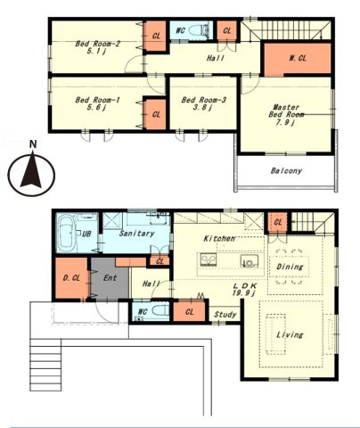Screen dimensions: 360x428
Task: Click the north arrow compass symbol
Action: point(31,174)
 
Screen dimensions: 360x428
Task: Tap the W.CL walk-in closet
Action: point(298,59)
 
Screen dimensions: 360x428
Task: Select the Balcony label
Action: point(286,170)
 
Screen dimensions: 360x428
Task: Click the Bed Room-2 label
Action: point(97,44)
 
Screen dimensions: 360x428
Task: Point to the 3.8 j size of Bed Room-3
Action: point(202,108)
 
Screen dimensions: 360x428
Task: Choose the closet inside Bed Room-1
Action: point(154,114)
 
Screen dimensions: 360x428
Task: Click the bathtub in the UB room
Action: point(67,234)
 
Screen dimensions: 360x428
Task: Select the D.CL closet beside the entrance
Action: point(71,278)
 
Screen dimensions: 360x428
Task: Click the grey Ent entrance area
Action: point(110,279)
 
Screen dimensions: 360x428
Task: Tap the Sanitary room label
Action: point(136,234)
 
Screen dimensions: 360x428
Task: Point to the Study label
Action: point(225,315)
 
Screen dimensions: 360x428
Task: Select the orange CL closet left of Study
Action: point(189,311)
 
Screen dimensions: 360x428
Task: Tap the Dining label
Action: point(290,267)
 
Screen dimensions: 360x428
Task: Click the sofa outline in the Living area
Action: point(275,334)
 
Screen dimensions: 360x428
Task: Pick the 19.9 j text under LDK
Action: point(244,293)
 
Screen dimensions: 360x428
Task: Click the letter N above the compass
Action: point(33,144)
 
